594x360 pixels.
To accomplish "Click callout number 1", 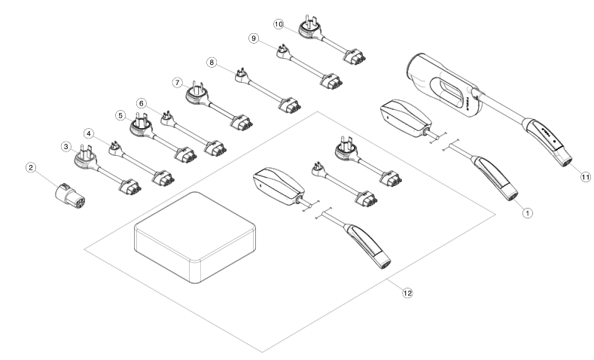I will (x=528, y=213).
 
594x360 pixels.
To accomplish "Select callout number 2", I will (x=31, y=167).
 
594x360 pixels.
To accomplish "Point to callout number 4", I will (x=90, y=134).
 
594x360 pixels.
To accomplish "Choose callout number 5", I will (x=119, y=115).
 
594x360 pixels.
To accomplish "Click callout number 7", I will (x=177, y=81).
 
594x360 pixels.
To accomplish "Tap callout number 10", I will (x=278, y=23).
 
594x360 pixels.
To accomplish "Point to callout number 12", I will (x=407, y=292).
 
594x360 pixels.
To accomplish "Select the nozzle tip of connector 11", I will (x=563, y=159).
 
